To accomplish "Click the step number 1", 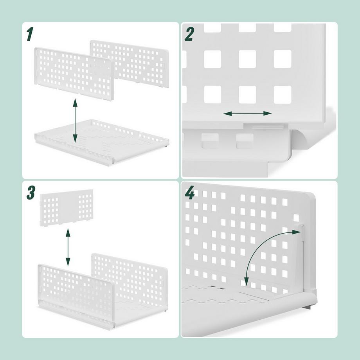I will [29, 34].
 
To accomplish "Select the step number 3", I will [31, 192].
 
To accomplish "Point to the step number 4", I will [189, 193].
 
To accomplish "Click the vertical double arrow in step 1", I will [75, 121].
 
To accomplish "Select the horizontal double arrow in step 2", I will [247, 113].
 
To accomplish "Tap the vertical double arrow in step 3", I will [68, 247].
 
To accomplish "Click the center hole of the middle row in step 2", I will [247, 59].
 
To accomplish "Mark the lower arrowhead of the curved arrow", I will [247, 282].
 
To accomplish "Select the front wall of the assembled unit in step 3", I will [74, 286].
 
